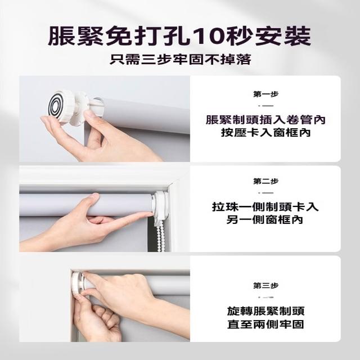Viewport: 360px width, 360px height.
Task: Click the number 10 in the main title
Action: point(209,36)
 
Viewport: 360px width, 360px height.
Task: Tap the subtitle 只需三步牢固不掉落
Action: point(181,60)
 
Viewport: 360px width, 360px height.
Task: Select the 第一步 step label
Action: point(265,94)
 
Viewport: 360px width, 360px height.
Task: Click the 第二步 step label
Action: point(265,181)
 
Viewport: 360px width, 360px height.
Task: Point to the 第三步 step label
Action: point(265,286)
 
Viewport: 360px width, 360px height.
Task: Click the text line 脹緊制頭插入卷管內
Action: point(265,120)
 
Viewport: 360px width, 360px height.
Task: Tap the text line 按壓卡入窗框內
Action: point(265,133)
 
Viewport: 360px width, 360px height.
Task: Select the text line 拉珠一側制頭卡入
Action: point(265,207)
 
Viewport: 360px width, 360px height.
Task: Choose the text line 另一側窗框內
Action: point(265,220)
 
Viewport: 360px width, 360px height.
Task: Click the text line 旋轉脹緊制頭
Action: point(265,311)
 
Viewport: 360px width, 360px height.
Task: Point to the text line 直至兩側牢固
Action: point(265,324)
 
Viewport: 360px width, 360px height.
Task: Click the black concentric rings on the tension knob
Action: point(55,106)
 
